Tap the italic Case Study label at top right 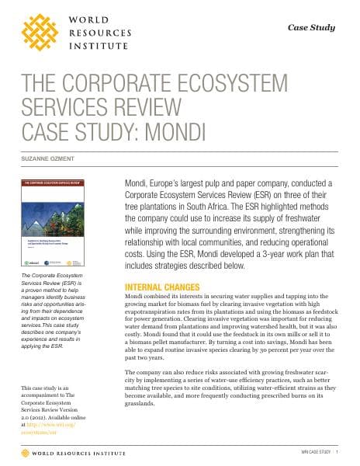311,27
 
